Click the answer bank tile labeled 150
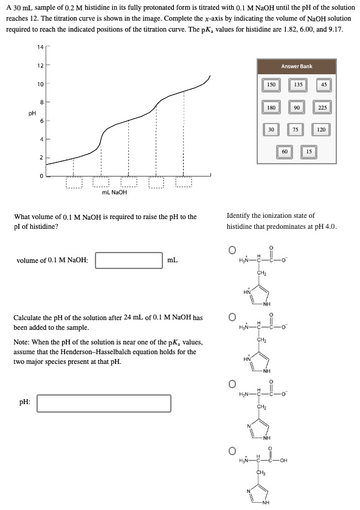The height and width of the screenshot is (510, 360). tap(271, 85)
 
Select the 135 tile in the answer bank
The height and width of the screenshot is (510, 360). tap(297, 85)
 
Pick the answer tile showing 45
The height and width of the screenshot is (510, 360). tap(324, 85)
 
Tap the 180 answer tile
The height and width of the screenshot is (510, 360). tap(271, 107)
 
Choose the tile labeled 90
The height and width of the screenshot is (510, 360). tap(297, 107)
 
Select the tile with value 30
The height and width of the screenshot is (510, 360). tap(271, 129)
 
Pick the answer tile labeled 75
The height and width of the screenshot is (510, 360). tap(296, 129)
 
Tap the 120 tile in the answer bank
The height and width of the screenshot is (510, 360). tap(322, 129)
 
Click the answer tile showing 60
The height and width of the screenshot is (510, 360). tap(285, 150)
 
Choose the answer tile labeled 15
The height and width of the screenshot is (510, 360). tap(308, 150)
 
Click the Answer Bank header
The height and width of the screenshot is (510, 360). tap(297, 66)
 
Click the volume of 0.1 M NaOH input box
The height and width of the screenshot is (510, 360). tap(128, 260)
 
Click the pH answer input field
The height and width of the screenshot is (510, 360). tap(103, 403)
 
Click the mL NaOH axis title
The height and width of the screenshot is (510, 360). tap(114, 192)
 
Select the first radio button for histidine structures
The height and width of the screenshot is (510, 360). tap(231, 250)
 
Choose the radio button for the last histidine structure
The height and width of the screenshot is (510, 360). tap(231, 451)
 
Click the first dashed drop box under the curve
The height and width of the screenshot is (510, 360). tap(74, 181)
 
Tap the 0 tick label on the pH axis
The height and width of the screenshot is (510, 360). tap(41, 176)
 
